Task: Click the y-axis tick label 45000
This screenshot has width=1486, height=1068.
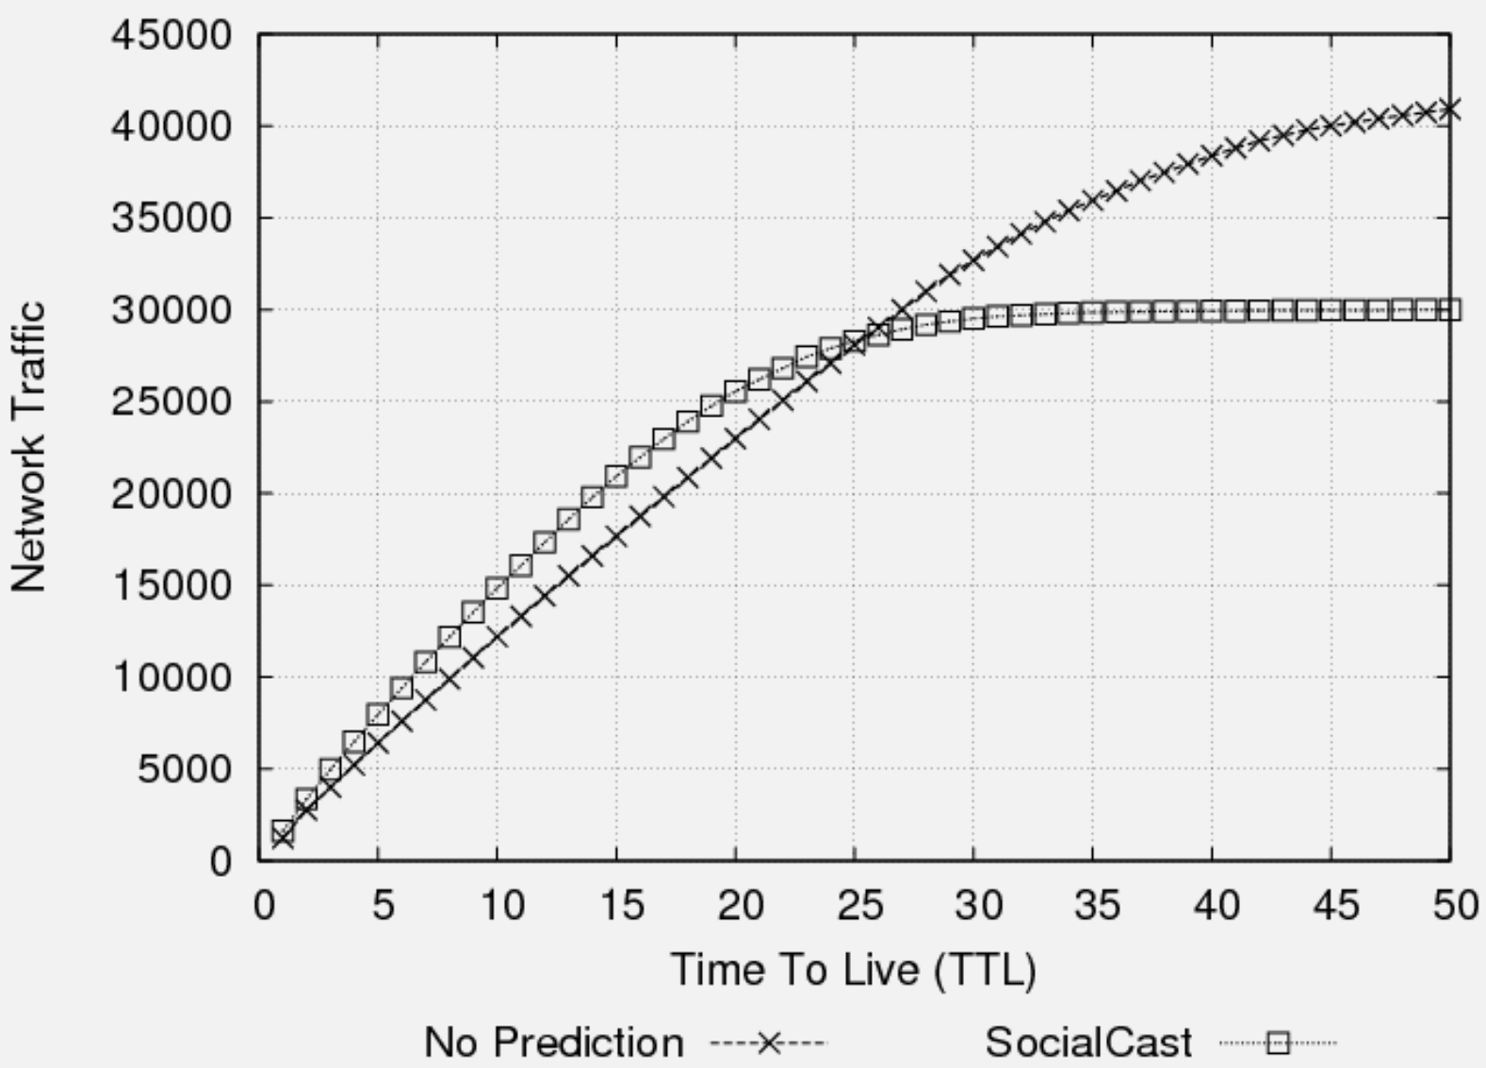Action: point(171,36)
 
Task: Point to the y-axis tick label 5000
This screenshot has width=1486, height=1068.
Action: point(184,769)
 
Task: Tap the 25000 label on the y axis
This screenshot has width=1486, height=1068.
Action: point(171,403)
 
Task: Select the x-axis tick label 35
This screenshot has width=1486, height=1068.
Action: point(1097,906)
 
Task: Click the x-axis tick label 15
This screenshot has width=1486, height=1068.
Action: point(620,906)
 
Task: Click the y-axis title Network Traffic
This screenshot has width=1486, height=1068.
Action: point(29,447)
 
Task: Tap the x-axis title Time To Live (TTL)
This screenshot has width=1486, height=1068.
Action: point(852,970)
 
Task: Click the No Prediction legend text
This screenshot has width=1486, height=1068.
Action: point(553,1043)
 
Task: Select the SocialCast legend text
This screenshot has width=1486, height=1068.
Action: point(1088,1043)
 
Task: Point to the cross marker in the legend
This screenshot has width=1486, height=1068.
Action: point(768,1043)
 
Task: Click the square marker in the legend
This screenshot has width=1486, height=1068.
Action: point(1278,1043)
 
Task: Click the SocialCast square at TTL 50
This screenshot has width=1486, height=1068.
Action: point(1449,309)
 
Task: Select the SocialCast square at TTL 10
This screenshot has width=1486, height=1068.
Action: point(497,588)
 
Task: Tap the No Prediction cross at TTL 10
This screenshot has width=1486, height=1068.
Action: point(497,636)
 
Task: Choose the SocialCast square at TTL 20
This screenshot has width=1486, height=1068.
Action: point(735,391)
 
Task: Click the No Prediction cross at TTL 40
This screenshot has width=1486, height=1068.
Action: point(1212,155)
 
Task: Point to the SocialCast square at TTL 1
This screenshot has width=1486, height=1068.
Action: point(283,830)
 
